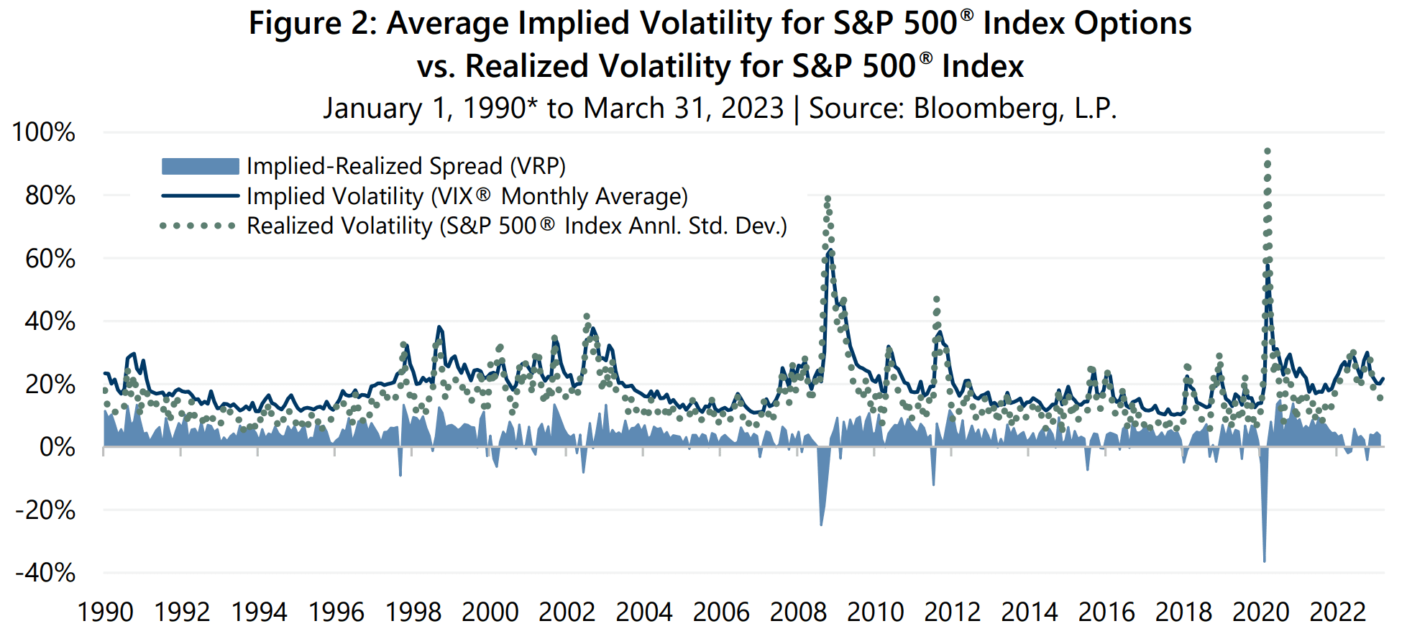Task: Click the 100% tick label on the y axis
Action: pos(43,132)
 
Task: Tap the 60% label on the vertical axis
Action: pos(50,259)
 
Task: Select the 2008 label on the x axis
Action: pos(798,612)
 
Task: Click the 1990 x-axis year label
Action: pos(105,612)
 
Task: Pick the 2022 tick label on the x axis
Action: pos(1337,612)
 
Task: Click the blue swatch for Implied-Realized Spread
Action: pos(200,167)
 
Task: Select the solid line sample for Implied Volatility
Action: pos(200,196)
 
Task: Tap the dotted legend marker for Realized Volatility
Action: pos(198,226)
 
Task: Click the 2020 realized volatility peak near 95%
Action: pos(1268,152)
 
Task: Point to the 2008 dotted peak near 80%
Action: pos(828,198)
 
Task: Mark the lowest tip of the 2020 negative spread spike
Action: pos(1265,561)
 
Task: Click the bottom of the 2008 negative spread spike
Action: pos(821,525)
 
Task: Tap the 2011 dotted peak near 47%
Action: pos(936,299)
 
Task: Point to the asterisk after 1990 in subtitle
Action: pos(532,103)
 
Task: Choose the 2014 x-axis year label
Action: pos(1029,612)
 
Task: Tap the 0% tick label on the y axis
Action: pos(57,447)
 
